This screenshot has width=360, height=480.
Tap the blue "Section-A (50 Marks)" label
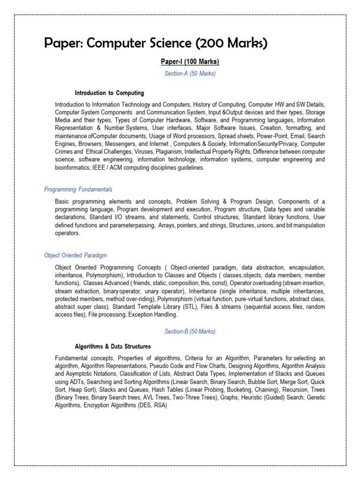click(190, 74)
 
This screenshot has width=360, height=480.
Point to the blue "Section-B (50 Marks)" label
click(190, 331)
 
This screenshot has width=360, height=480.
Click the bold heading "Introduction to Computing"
click(109, 93)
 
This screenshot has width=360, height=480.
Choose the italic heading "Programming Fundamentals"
click(78, 189)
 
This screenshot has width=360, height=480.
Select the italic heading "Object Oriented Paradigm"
click(75, 255)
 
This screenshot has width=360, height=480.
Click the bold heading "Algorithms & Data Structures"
click(113, 346)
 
